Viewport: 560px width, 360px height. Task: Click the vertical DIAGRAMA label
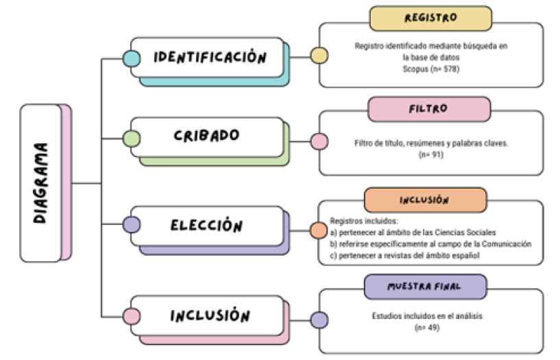(x=42, y=182)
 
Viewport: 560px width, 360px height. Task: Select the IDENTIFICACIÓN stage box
(x=208, y=57)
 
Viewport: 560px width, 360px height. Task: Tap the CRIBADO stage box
(x=206, y=136)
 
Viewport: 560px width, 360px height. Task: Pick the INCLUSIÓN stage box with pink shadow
(x=209, y=316)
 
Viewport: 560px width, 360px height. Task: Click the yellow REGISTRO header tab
(x=430, y=19)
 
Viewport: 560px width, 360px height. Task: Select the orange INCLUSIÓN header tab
(x=425, y=200)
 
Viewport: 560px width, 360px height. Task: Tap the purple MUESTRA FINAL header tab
(x=425, y=286)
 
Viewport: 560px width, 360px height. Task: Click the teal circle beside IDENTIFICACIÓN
(x=132, y=58)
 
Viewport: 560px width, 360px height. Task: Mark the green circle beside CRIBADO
(x=132, y=139)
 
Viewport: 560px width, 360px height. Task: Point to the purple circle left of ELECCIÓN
(x=132, y=224)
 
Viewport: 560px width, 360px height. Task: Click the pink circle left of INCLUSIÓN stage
(x=132, y=316)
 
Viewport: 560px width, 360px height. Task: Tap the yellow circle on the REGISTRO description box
(x=319, y=56)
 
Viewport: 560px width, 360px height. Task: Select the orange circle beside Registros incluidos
(x=319, y=230)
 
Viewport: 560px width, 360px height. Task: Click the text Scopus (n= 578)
(x=430, y=69)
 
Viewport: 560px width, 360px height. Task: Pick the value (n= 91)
(x=430, y=156)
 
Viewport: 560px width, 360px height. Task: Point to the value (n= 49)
(x=430, y=328)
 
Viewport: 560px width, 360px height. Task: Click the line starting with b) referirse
(x=430, y=243)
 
